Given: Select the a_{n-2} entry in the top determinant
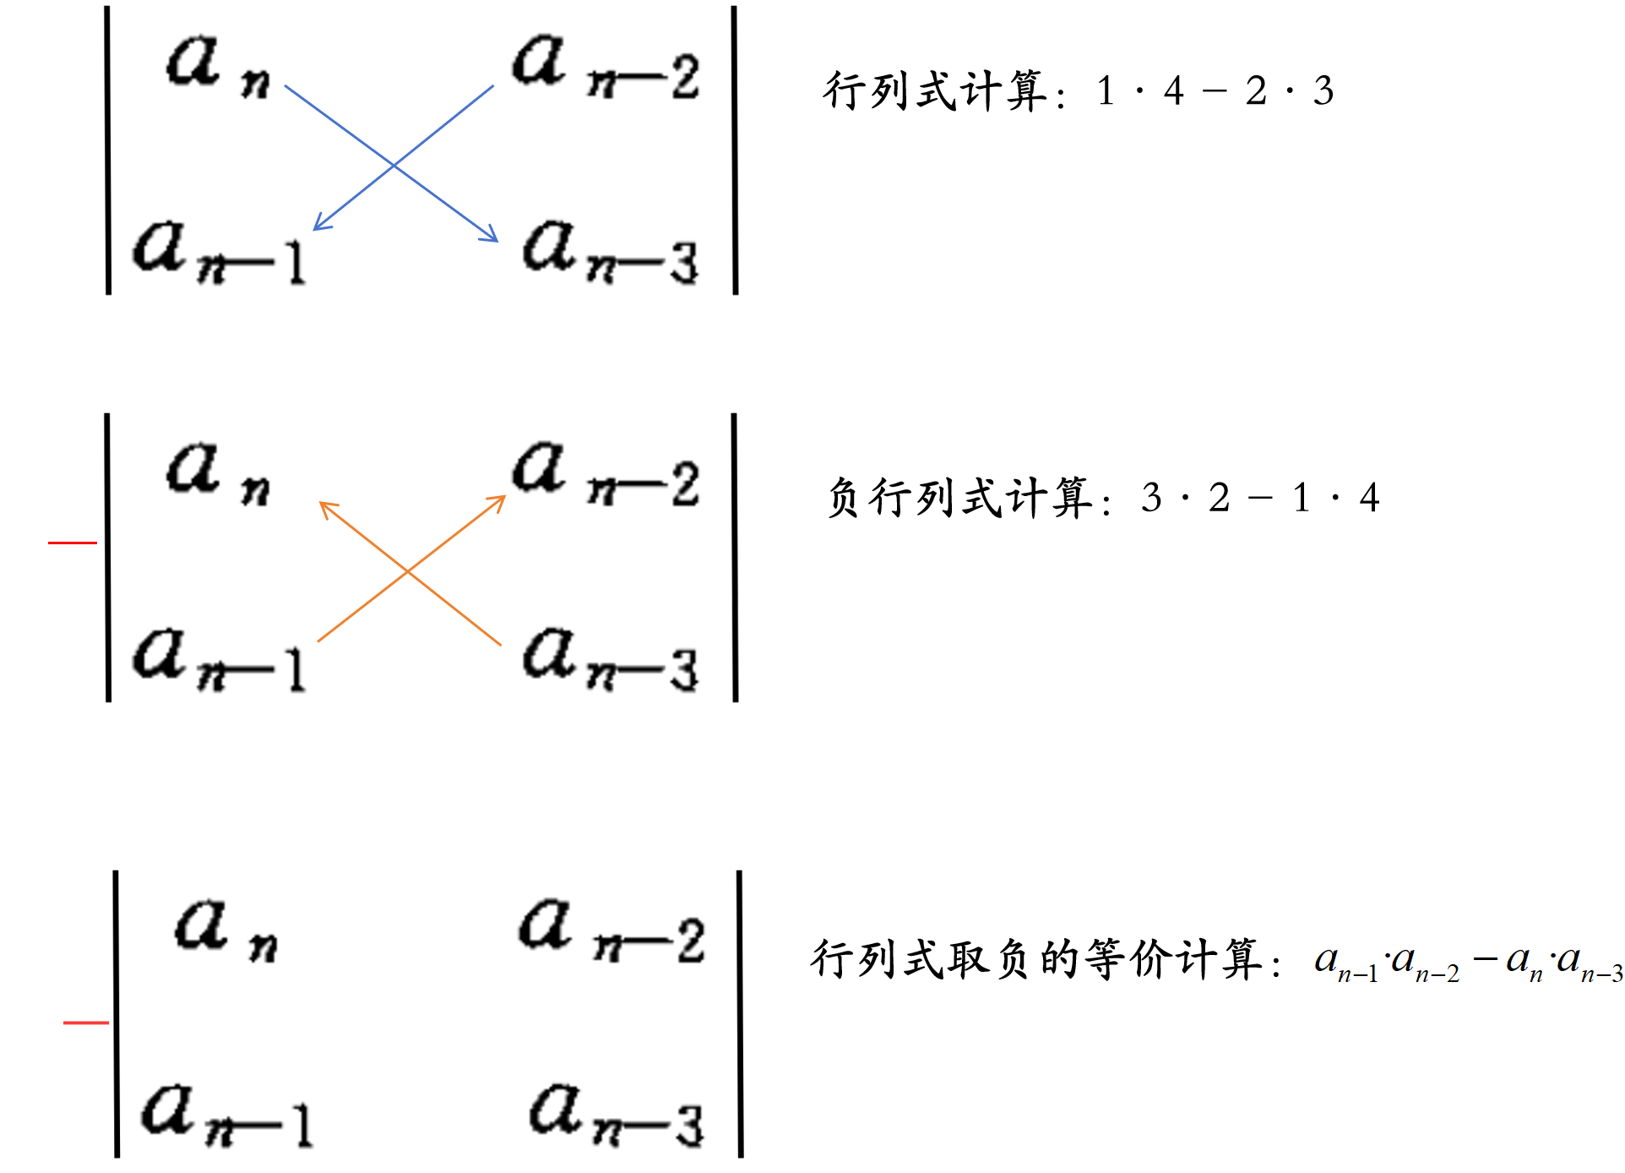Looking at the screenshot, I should pyautogui.click(x=605, y=68).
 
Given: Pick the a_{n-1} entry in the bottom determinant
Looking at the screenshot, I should pyautogui.click(x=226, y=1116).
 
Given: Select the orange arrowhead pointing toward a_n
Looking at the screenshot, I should pyautogui.click(x=325, y=506).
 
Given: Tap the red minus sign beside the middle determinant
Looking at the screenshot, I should pyautogui.click(x=73, y=543).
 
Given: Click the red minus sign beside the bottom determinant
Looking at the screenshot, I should pyautogui.click(x=86, y=1023).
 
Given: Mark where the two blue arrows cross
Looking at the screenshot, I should pyautogui.click(x=394, y=165).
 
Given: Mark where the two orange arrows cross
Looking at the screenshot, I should pyautogui.click(x=408, y=572).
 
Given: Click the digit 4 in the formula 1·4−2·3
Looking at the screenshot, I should pyautogui.click(x=1174, y=91).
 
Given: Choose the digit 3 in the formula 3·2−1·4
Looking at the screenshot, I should pyautogui.click(x=1151, y=498).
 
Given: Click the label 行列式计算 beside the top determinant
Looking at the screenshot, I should pyautogui.click(x=936, y=91).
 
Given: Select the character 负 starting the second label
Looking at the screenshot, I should pyautogui.click(x=845, y=498).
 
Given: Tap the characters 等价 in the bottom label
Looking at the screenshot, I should pyautogui.click(x=1128, y=960).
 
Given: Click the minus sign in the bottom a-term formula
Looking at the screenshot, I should pyautogui.click(x=1484, y=960).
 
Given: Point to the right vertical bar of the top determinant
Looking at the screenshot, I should pyautogui.click(x=735, y=150).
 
